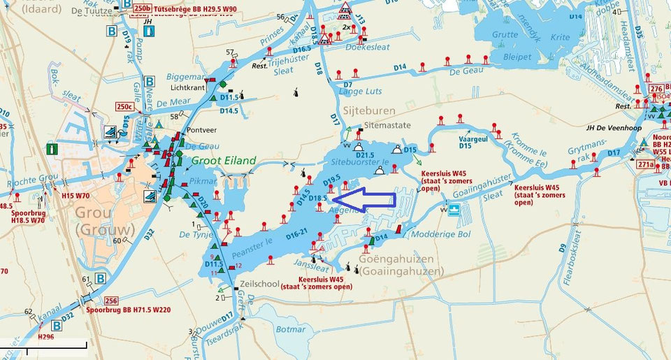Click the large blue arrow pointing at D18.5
coord(374,199)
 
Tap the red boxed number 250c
coord(126,106)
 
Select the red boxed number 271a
coord(646,165)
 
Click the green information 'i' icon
coord(52,149)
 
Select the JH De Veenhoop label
coord(614,129)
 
